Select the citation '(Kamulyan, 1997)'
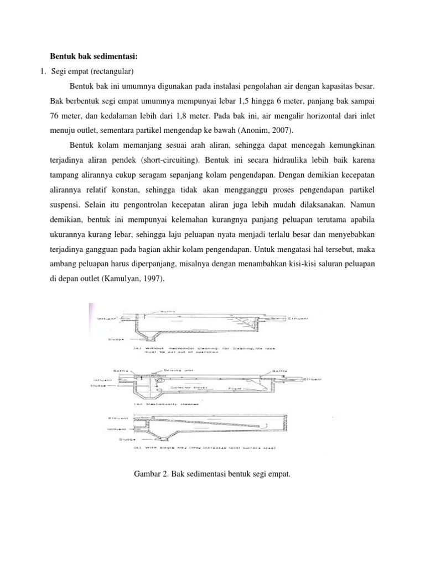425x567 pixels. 136,280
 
